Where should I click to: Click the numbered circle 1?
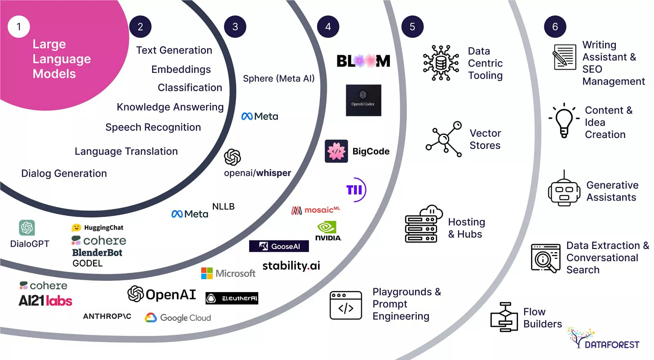(x=18, y=27)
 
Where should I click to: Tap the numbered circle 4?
(x=328, y=27)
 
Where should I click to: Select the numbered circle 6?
(x=555, y=27)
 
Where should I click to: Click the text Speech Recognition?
(x=153, y=127)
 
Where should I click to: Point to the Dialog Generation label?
(x=64, y=173)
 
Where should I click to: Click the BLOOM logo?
(x=363, y=61)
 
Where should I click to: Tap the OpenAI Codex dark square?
(x=363, y=100)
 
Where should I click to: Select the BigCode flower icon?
(x=336, y=151)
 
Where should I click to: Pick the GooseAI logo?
(x=279, y=246)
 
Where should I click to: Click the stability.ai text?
(x=291, y=265)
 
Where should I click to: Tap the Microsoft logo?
(x=228, y=273)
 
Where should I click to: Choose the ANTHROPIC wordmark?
(x=107, y=316)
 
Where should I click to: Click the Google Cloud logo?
(x=178, y=318)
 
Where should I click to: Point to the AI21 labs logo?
(x=45, y=301)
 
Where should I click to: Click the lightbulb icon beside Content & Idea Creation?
(x=563, y=120)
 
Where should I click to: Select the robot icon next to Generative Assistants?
(x=564, y=190)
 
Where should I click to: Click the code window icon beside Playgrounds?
(x=346, y=305)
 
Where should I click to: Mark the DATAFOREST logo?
(x=603, y=338)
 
